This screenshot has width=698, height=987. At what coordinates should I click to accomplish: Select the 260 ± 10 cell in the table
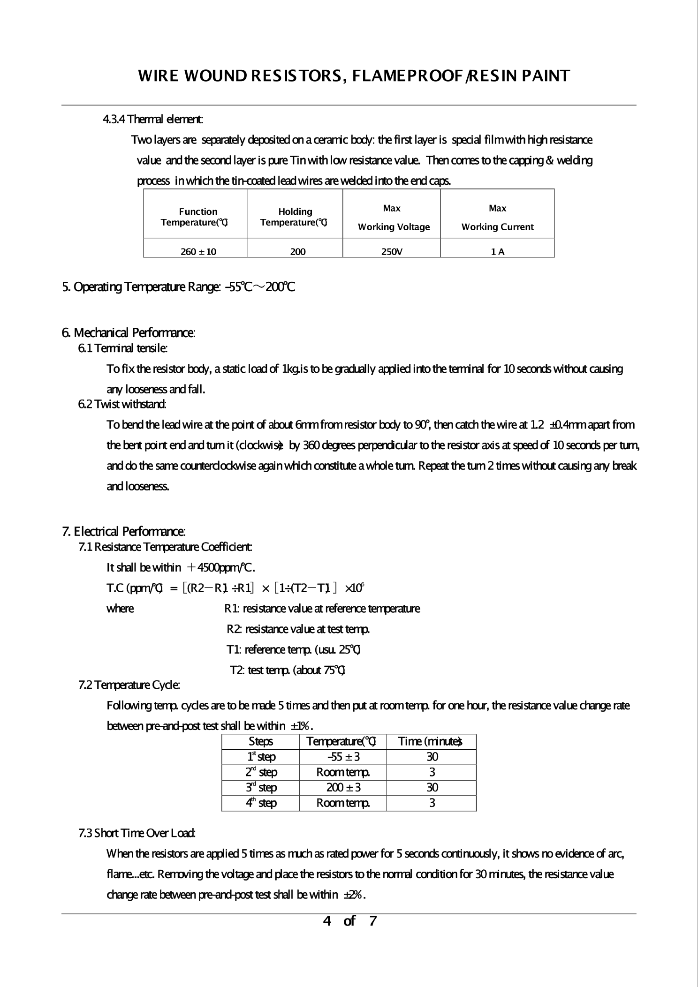tap(198, 252)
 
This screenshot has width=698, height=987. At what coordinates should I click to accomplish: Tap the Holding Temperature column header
tap(295, 217)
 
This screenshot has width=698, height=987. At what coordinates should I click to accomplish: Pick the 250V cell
tap(392, 252)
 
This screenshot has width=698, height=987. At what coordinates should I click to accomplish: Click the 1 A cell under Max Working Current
tap(498, 252)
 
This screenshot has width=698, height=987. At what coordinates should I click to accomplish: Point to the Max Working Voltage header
tap(394, 218)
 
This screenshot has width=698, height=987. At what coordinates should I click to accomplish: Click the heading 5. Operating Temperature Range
tap(178, 286)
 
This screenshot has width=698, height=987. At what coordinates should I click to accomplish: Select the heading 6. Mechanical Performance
tap(129, 333)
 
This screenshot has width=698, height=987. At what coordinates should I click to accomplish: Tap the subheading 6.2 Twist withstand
tap(122, 404)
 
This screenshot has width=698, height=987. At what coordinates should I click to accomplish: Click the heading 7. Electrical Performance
tap(124, 531)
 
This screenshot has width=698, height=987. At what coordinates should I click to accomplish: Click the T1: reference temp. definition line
tap(293, 649)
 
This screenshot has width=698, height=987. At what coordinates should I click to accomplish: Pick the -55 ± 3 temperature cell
tap(343, 756)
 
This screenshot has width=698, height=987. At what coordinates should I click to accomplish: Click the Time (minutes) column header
tap(430, 741)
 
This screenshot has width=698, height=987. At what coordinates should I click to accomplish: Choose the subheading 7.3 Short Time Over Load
tap(137, 833)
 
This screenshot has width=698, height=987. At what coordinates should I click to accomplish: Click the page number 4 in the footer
tap(327, 921)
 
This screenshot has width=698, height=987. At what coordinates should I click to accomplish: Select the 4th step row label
tap(261, 803)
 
